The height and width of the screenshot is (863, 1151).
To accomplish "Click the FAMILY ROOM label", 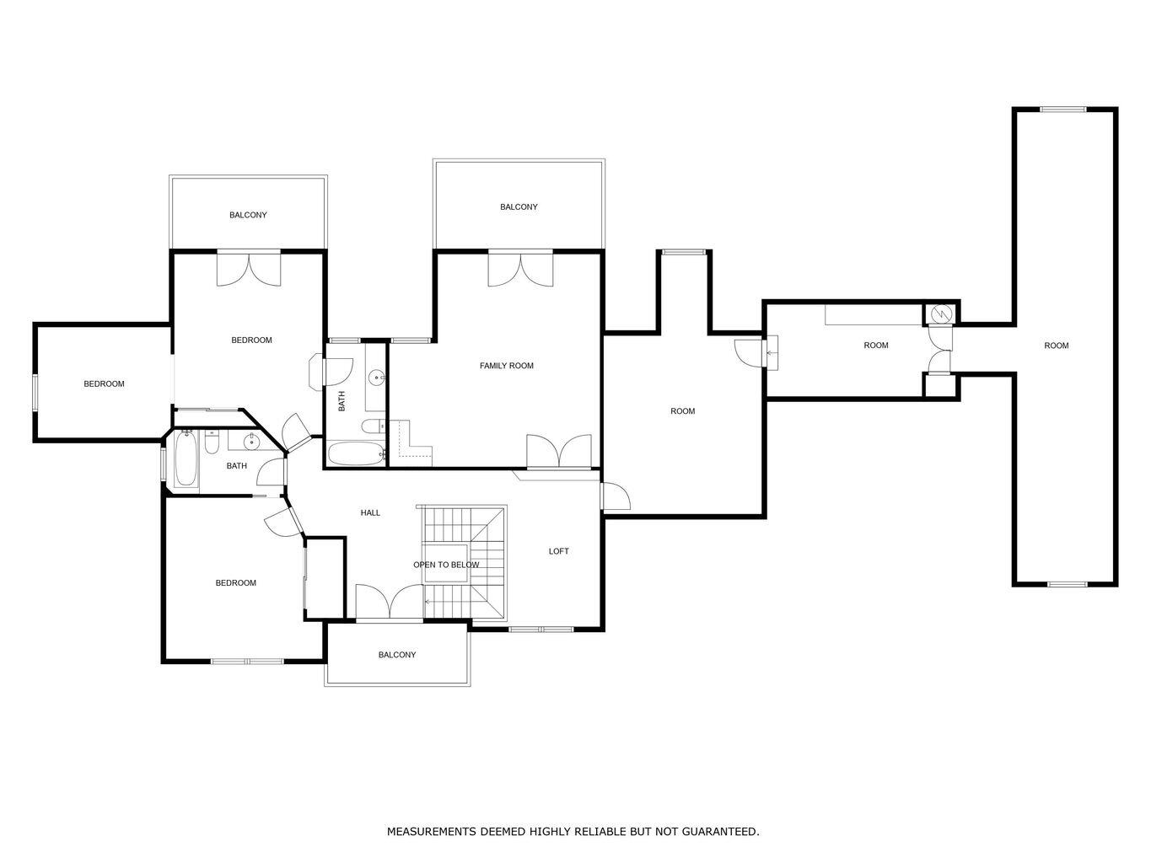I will point(506,366).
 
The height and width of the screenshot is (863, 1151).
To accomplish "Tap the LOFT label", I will point(558,551).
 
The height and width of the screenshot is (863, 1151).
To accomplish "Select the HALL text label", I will point(370,512).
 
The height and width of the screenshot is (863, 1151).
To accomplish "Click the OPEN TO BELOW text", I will point(446,565).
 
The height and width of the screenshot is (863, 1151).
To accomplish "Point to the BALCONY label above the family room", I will point(519,207).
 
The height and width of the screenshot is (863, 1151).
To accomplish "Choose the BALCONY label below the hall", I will point(396,655).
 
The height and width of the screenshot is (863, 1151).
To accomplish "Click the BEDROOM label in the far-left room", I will point(104,384).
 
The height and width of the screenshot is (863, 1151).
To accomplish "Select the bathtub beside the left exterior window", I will point(186,459).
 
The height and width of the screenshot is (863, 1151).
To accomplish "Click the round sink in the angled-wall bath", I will point(251,441).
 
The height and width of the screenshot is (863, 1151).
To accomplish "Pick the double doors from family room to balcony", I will point(520,268).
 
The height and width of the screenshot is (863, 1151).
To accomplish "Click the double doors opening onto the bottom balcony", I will point(389,602).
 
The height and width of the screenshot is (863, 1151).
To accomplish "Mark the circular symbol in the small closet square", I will point(941,314).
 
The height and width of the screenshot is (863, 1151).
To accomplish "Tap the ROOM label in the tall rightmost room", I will point(1056,346).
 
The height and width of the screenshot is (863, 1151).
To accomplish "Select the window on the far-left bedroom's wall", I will point(35,394).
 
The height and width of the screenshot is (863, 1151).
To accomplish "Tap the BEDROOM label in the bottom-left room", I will point(235,583).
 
